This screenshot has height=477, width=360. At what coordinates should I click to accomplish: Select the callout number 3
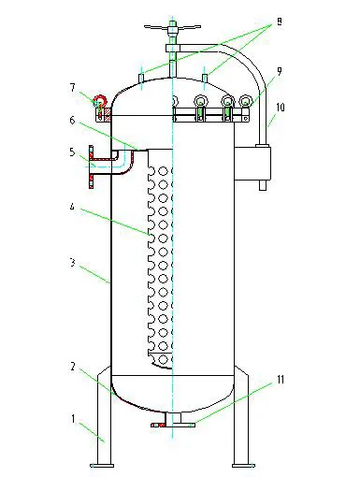pyautogui.click(x=72, y=265)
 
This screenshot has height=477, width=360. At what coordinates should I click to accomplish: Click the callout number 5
pyautogui.click(x=72, y=152)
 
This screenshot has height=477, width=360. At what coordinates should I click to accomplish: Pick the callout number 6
pyautogui.click(x=72, y=121)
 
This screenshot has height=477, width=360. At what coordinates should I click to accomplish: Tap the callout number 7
pyautogui.click(x=72, y=88)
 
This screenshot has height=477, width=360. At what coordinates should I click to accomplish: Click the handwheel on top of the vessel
pyautogui.click(x=172, y=28)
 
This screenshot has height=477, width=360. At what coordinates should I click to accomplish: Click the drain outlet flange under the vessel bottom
pyautogui.click(x=172, y=425)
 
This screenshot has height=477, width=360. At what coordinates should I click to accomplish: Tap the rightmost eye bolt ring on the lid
pyautogui.click(x=246, y=102)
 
